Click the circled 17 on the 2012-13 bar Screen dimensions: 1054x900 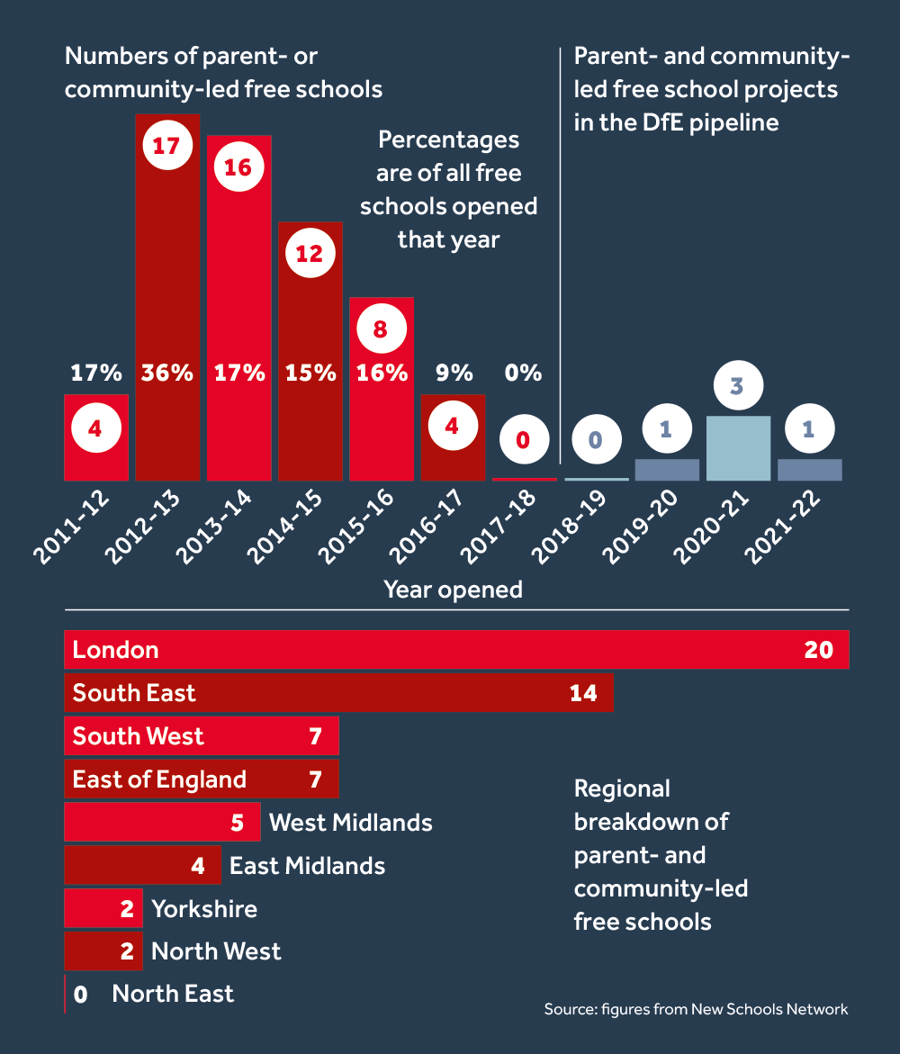(166, 146)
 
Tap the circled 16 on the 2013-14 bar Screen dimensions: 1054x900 (238, 167)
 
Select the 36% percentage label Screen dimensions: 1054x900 (166, 373)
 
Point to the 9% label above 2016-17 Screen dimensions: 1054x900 (452, 373)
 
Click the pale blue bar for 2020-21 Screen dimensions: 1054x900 (738, 448)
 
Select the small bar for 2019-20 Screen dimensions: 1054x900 (667, 470)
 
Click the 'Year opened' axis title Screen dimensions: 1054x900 (454, 590)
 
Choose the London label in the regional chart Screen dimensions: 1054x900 (115, 650)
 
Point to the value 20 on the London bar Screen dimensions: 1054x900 (819, 650)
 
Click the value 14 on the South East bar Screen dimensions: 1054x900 (583, 693)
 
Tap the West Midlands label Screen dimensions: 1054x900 (351, 823)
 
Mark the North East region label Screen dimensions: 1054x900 (173, 994)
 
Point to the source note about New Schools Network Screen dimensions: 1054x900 (696, 1009)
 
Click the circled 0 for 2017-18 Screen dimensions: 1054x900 (523, 441)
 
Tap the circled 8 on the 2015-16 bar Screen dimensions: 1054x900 (380, 329)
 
